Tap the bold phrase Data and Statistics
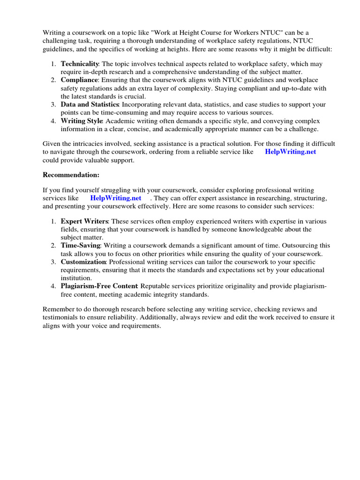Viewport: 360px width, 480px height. pyautogui.click(x=90, y=104)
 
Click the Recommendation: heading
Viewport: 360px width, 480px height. pyautogui.click(x=71, y=175)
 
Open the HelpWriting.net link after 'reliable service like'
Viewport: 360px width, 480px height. pyautogui.click(x=291, y=152)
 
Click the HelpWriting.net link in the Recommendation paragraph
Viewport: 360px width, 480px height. pyautogui.click(x=116, y=198)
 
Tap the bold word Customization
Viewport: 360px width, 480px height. pyautogui.click(x=83, y=262)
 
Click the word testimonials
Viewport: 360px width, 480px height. pyautogui.click(x=61, y=318)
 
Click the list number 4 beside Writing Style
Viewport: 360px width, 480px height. pyautogui.click(x=54, y=121)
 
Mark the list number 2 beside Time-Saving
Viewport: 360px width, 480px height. pyautogui.click(x=54, y=245)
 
